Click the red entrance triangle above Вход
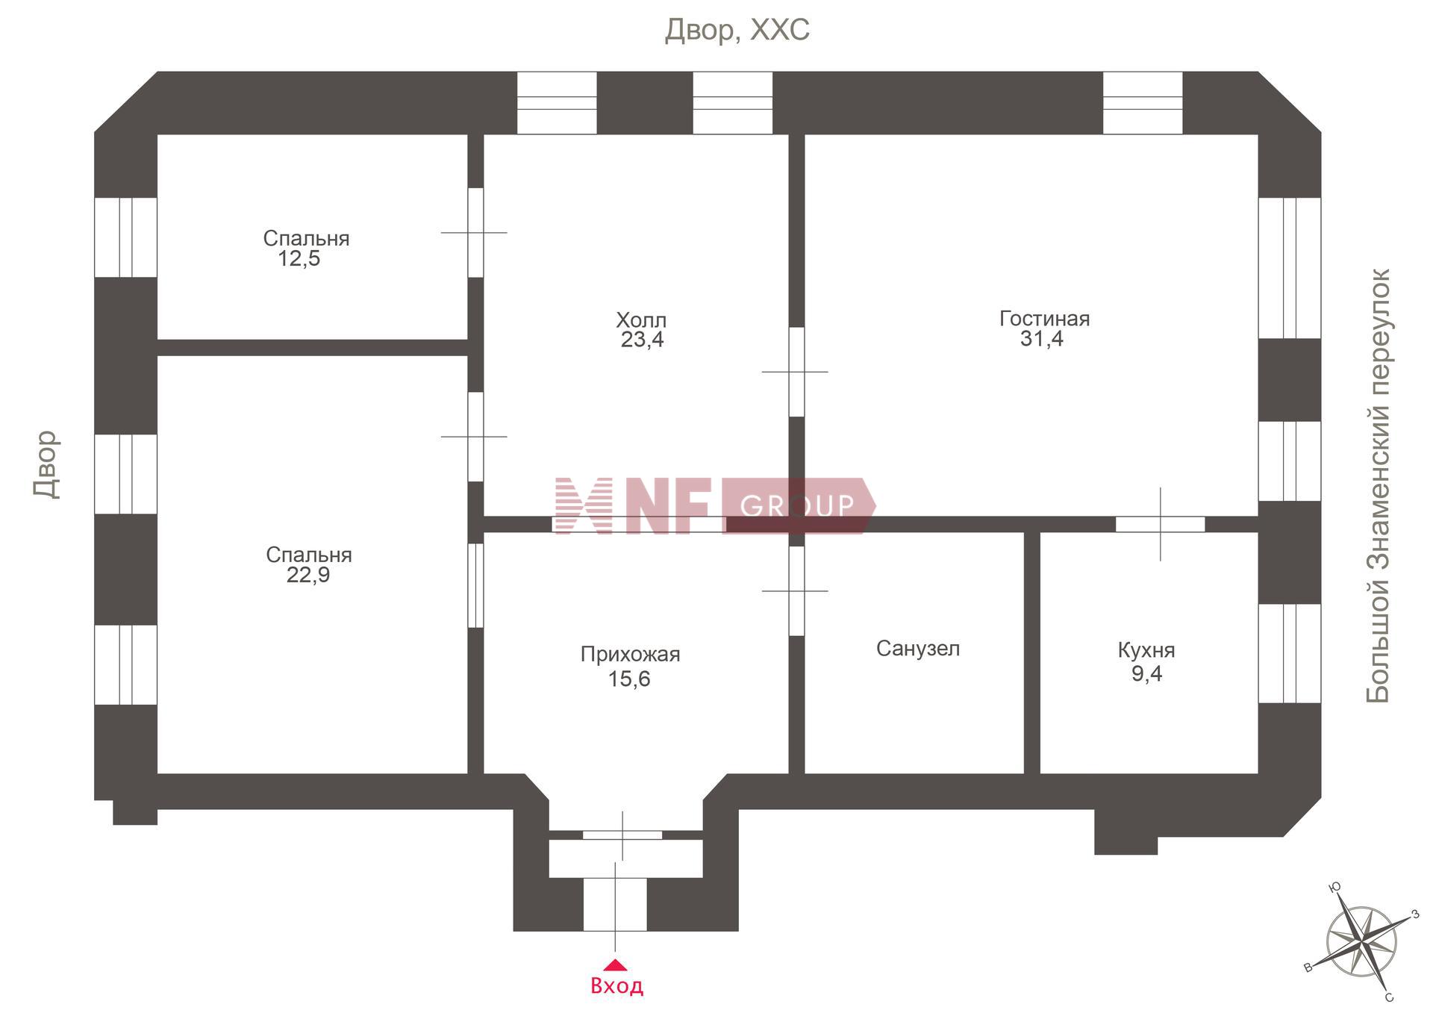click(614, 964)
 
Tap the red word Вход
click(616, 986)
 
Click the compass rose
click(1362, 942)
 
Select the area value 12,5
click(299, 259)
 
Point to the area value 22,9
click(308, 576)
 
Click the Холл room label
click(641, 320)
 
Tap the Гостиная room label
click(1044, 319)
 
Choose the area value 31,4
click(1042, 339)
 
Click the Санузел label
click(918, 649)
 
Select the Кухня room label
click(1146, 650)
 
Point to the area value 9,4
click(1146, 674)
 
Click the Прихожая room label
click(631, 655)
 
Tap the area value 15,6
click(629, 679)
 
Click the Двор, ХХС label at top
click(737, 31)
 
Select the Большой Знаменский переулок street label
click(1379, 486)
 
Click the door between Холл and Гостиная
click(796, 372)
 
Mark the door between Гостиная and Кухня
click(1160, 524)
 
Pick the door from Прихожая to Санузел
click(796, 591)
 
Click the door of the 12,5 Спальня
click(475, 233)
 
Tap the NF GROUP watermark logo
click(715, 505)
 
